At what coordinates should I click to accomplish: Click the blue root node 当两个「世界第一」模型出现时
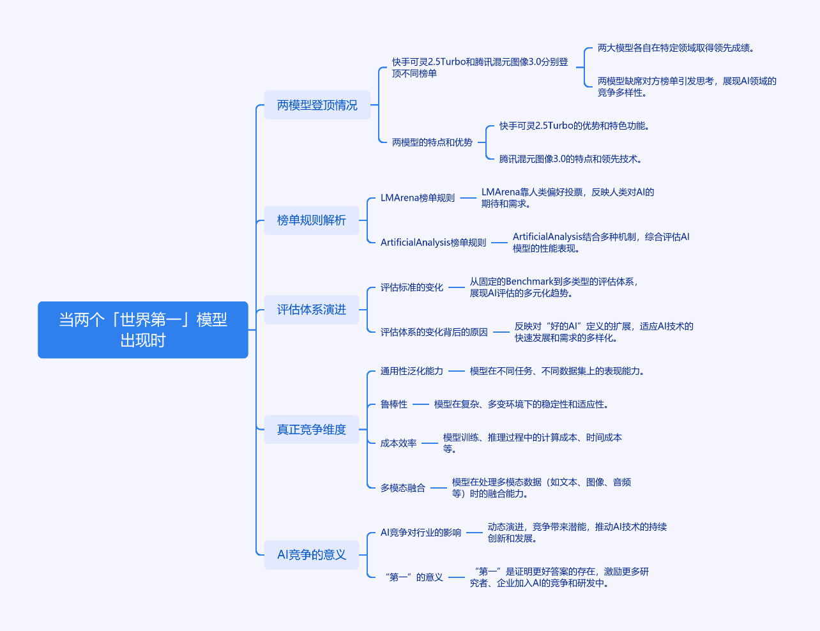coord(142,330)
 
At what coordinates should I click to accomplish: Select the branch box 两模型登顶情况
coord(317,105)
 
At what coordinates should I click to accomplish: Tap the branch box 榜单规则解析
coord(311,220)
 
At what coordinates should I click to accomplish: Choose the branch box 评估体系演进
coord(311,310)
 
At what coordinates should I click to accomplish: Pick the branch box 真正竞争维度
coord(311,430)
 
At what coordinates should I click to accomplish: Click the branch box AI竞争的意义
coord(311,555)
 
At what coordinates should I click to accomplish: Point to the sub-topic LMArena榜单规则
coord(418,198)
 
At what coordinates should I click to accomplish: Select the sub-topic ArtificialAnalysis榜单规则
coord(433,243)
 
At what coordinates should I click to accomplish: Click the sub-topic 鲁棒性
coord(393,404)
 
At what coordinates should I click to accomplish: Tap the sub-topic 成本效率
coord(399,443)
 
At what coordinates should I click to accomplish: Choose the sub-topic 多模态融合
coord(402,488)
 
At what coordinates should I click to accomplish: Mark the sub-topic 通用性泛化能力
coord(411,371)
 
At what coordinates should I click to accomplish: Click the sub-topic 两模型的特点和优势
coord(432,142)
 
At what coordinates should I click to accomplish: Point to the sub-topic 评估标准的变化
coord(411,287)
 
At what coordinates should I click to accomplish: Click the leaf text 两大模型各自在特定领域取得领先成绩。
coord(676,48)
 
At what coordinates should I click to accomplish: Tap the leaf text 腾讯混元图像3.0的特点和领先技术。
coord(570,159)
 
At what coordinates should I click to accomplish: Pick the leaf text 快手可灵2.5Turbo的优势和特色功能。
coord(574,126)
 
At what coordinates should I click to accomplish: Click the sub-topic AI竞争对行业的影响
coord(420,533)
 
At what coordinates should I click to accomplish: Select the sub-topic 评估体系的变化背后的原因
coord(434,332)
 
